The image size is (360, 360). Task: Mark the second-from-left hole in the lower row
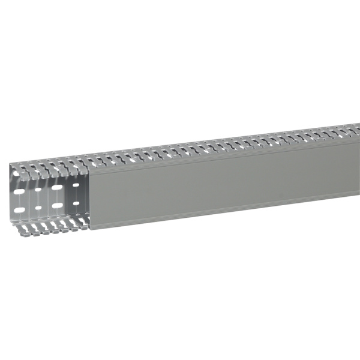[x=38, y=208]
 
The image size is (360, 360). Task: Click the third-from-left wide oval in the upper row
[x=56, y=188]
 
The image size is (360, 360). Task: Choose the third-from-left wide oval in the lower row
[x=56, y=205]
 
